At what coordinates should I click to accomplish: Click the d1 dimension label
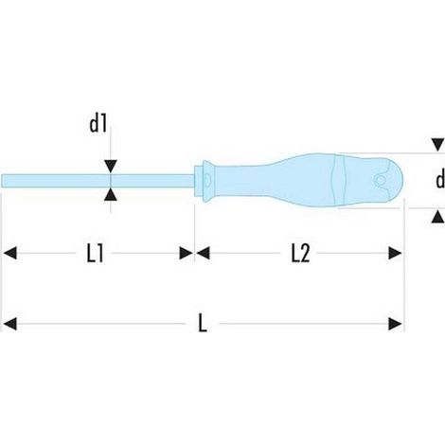(98, 125)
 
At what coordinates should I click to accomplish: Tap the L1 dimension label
(95, 254)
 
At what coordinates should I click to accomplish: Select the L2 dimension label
(300, 254)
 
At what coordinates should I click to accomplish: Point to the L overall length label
(203, 324)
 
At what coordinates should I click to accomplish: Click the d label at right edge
(440, 180)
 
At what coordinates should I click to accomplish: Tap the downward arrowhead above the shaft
(111, 167)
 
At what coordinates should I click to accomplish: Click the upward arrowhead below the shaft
(111, 194)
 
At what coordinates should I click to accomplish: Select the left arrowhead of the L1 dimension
(9, 253)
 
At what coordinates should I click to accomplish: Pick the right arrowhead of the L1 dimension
(186, 253)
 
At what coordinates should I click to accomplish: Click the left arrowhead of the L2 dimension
(203, 253)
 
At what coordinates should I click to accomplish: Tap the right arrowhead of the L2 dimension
(395, 253)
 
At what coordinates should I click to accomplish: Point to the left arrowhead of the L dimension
(9, 324)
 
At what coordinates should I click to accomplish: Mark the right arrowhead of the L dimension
(395, 324)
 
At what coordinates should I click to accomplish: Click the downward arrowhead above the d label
(438, 145)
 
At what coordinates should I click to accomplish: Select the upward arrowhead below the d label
(438, 218)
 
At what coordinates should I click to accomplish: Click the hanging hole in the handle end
(381, 180)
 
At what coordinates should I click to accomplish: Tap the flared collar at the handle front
(208, 181)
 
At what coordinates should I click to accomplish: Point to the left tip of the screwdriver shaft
(2, 181)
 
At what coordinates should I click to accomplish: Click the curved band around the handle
(339, 180)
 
